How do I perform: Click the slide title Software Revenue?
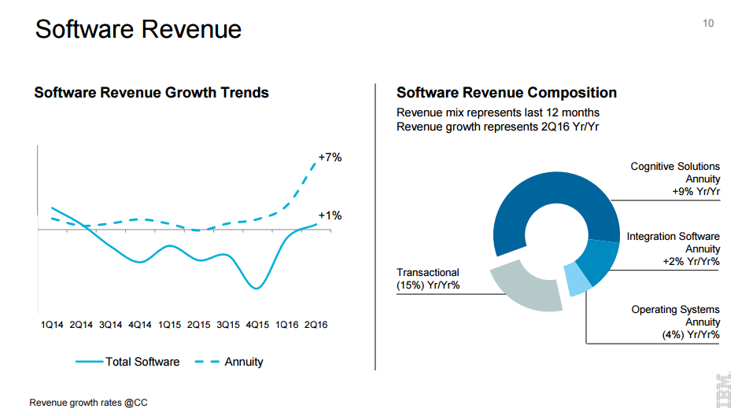click(x=138, y=30)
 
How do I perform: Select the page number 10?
click(x=708, y=24)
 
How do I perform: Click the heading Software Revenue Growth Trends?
click(x=152, y=93)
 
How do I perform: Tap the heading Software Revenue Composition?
click(x=507, y=93)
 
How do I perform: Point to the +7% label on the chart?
click(x=330, y=157)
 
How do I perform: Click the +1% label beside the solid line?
click(x=330, y=215)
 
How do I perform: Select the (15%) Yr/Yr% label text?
click(x=428, y=285)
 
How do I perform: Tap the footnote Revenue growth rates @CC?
click(x=88, y=403)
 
